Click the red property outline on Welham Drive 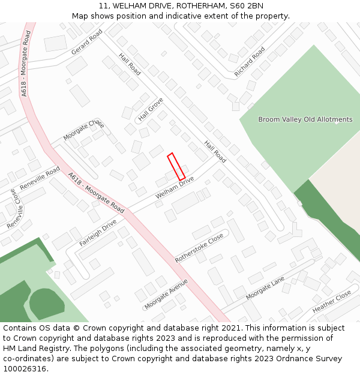(x=176, y=166)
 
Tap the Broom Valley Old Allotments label (x=305, y=119)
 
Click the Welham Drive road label (x=175, y=188)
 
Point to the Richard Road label (x=249, y=62)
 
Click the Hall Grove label (x=151, y=109)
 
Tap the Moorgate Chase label (x=83, y=130)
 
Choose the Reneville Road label (x=40, y=178)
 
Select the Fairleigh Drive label (x=98, y=233)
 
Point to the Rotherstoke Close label (x=199, y=247)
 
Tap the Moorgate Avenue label (x=166, y=293)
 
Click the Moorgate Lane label (x=265, y=289)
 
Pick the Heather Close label (x=331, y=301)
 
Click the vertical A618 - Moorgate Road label (x=25, y=64)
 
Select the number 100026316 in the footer (x=26, y=368)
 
